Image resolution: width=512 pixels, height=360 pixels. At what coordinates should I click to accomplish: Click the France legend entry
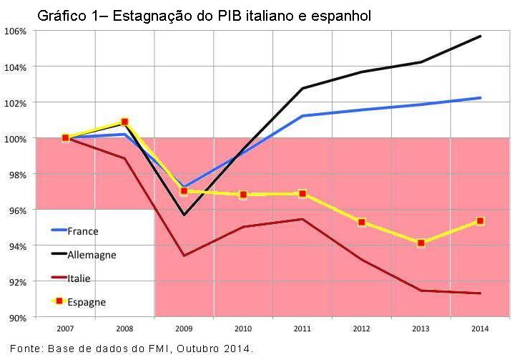pos(82,230)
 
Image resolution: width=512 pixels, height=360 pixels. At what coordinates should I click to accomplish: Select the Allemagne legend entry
pos(91,254)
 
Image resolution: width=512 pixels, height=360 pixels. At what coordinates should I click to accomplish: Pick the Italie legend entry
pos(79,278)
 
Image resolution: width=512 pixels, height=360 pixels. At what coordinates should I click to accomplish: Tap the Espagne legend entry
pos(86,301)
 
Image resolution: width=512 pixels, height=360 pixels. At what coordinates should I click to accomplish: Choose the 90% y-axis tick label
pos(17,317)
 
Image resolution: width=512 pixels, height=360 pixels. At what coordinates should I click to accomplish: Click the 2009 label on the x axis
pos(184,329)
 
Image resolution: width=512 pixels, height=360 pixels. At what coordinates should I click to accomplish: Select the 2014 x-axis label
pos(480,329)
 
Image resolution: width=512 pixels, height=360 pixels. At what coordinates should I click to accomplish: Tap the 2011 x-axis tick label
pos(302,329)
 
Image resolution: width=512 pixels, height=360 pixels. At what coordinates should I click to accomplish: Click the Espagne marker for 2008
pos(124,122)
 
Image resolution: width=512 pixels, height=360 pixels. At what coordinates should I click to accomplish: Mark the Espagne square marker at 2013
pos(420,243)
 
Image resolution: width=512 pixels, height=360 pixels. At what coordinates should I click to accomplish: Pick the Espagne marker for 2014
pos(480,221)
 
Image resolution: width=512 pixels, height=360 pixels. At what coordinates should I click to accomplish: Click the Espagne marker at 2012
pos(362,222)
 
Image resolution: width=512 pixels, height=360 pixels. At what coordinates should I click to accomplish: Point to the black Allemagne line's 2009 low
pos(184,215)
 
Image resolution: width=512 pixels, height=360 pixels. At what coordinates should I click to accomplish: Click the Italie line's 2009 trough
pos(184,256)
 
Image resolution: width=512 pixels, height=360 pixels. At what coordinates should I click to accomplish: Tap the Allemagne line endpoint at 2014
pos(480,36)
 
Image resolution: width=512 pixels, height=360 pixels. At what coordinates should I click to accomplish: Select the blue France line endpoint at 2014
pos(480,97)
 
